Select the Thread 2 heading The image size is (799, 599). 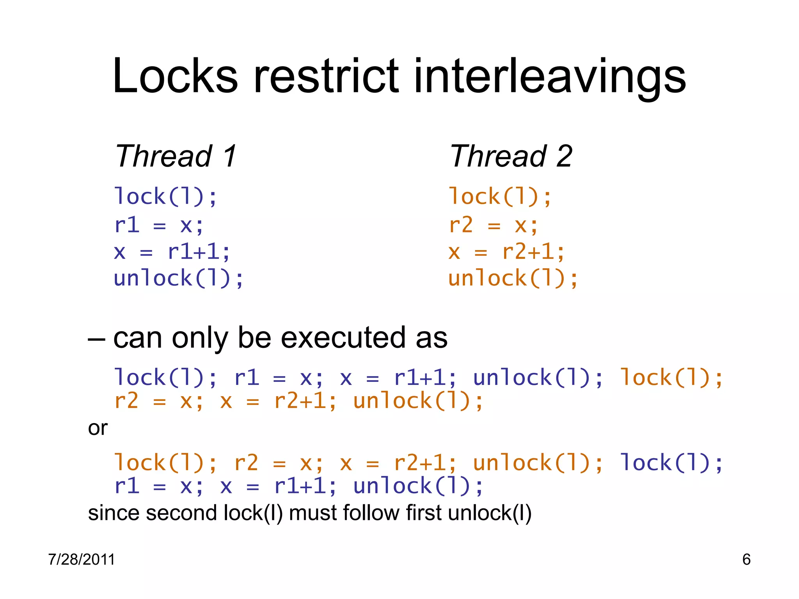coord(511,156)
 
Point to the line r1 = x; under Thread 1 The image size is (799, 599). coord(159,225)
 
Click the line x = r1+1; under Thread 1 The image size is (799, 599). coord(172,252)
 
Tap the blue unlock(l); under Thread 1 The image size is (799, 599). coord(179,278)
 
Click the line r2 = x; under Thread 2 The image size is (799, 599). coord(494,225)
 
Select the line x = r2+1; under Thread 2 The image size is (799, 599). coord(506,252)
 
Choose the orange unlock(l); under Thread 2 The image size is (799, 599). coord(513,278)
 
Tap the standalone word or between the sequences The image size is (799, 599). coord(98,428)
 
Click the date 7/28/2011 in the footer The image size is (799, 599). coord(82,560)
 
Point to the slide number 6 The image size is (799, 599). coord(746,560)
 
